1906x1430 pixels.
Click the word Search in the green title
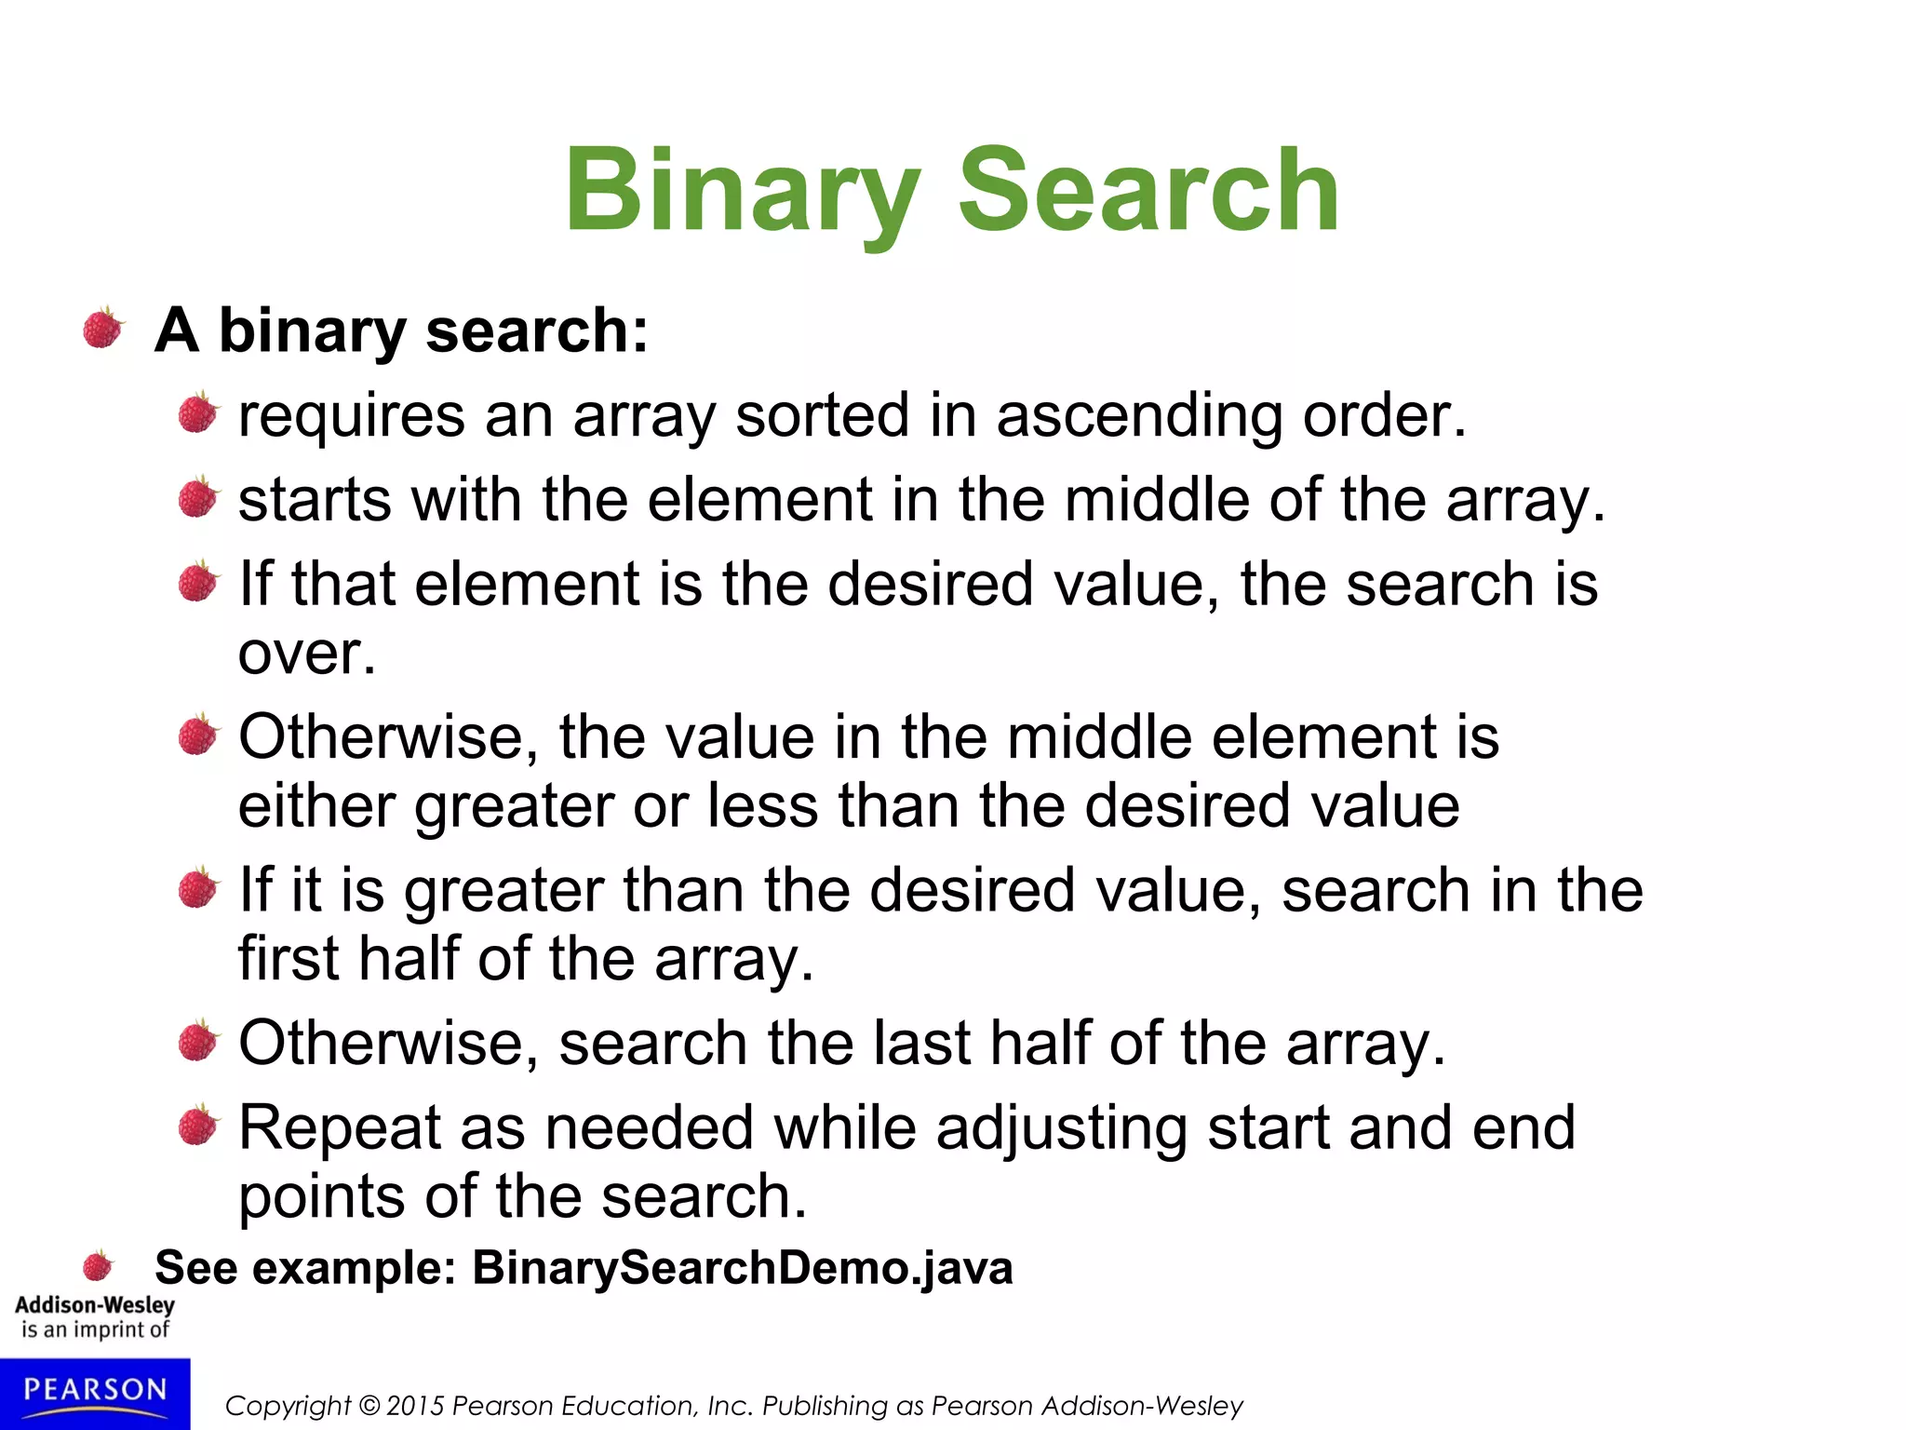(1148, 191)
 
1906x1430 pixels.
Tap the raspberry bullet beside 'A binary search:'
(102, 329)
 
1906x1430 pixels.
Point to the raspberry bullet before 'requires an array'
(197, 412)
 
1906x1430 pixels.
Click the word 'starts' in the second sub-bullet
(315, 500)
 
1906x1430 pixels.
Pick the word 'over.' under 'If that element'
(307, 654)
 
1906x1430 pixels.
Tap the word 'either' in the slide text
(316, 805)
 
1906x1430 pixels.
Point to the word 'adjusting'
(1062, 1128)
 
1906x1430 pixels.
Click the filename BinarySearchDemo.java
(743, 1268)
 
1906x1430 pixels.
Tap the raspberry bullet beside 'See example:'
(98, 1266)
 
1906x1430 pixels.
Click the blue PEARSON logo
(95, 1393)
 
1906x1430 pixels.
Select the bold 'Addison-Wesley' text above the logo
(95, 1305)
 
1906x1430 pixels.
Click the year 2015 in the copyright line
(414, 1406)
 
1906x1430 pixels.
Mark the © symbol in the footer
(369, 1406)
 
